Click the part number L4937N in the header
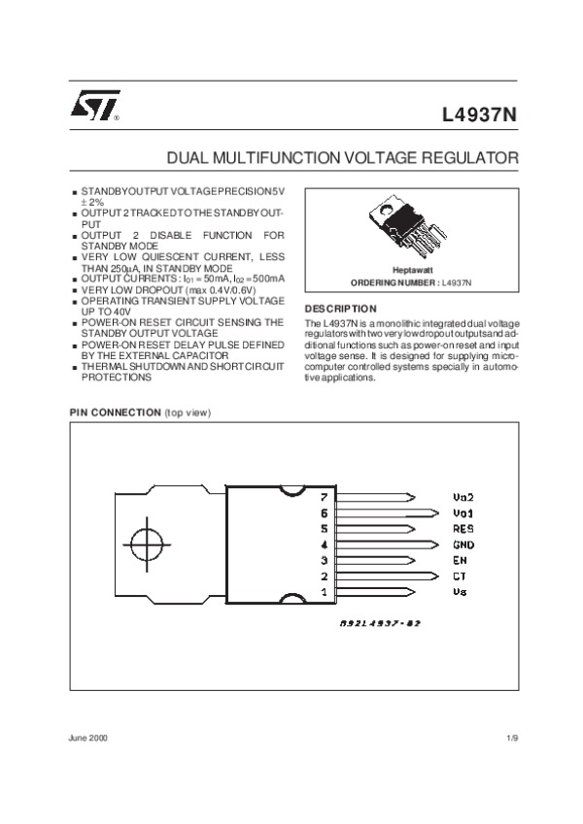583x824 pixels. pyautogui.click(x=480, y=115)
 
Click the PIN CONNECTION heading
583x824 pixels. pyautogui.click(x=114, y=412)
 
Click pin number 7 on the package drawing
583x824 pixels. pyautogui.click(x=324, y=496)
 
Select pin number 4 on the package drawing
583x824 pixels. pyautogui.click(x=324, y=544)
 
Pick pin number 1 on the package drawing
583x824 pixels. pyautogui.click(x=324, y=591)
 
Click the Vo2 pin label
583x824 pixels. pyautogui.click(x=462, y=496)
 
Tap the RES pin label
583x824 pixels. pyautogui.click(x=462, y=528)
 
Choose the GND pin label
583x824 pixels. pyautogui.click(x=463, y=544)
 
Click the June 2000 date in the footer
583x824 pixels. pyautogui.click(x=86, y=739)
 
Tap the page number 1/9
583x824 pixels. pyautogui.click(x=512, y=739)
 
